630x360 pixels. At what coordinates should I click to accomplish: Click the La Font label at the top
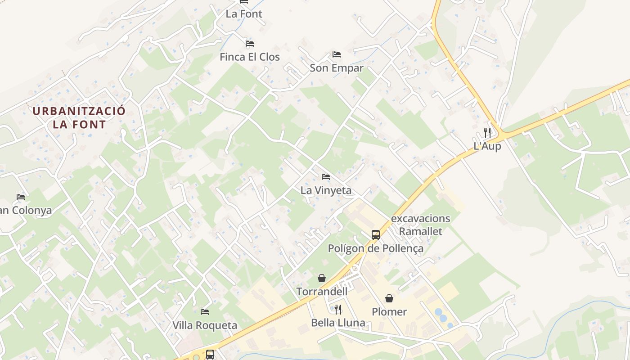coord(244,14)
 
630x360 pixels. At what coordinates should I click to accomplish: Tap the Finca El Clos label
coord(250,57)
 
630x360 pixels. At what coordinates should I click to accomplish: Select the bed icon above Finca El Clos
coord(250,44)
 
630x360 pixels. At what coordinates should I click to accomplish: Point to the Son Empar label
coord(337,68)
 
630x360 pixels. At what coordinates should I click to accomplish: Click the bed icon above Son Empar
coord(337,54)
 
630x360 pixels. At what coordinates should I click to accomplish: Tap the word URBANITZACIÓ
coord(79,111)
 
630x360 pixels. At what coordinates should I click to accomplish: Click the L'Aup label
coord(487,146)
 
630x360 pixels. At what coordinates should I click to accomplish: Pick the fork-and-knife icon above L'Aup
coord(487,133)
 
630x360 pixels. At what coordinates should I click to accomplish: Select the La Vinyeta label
coord(326,190)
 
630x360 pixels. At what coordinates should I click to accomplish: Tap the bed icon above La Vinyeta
coord(326,177)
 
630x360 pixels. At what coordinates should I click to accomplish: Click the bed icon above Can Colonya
coord(21,197)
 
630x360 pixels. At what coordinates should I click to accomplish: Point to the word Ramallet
coord(421,232)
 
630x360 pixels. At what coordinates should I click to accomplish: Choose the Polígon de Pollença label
coord(375,248)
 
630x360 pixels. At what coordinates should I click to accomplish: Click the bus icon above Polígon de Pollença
coord(375,234)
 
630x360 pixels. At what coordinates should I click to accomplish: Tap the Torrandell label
coord(322,292)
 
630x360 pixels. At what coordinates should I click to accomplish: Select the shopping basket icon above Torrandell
coord(322,278)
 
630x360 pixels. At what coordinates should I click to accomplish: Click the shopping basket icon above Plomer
coord(389,298)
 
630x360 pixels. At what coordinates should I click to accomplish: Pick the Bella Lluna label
coord(338,323)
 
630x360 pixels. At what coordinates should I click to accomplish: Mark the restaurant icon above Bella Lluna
coord(338,309)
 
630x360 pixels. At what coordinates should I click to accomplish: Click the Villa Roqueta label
coord(205,325)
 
